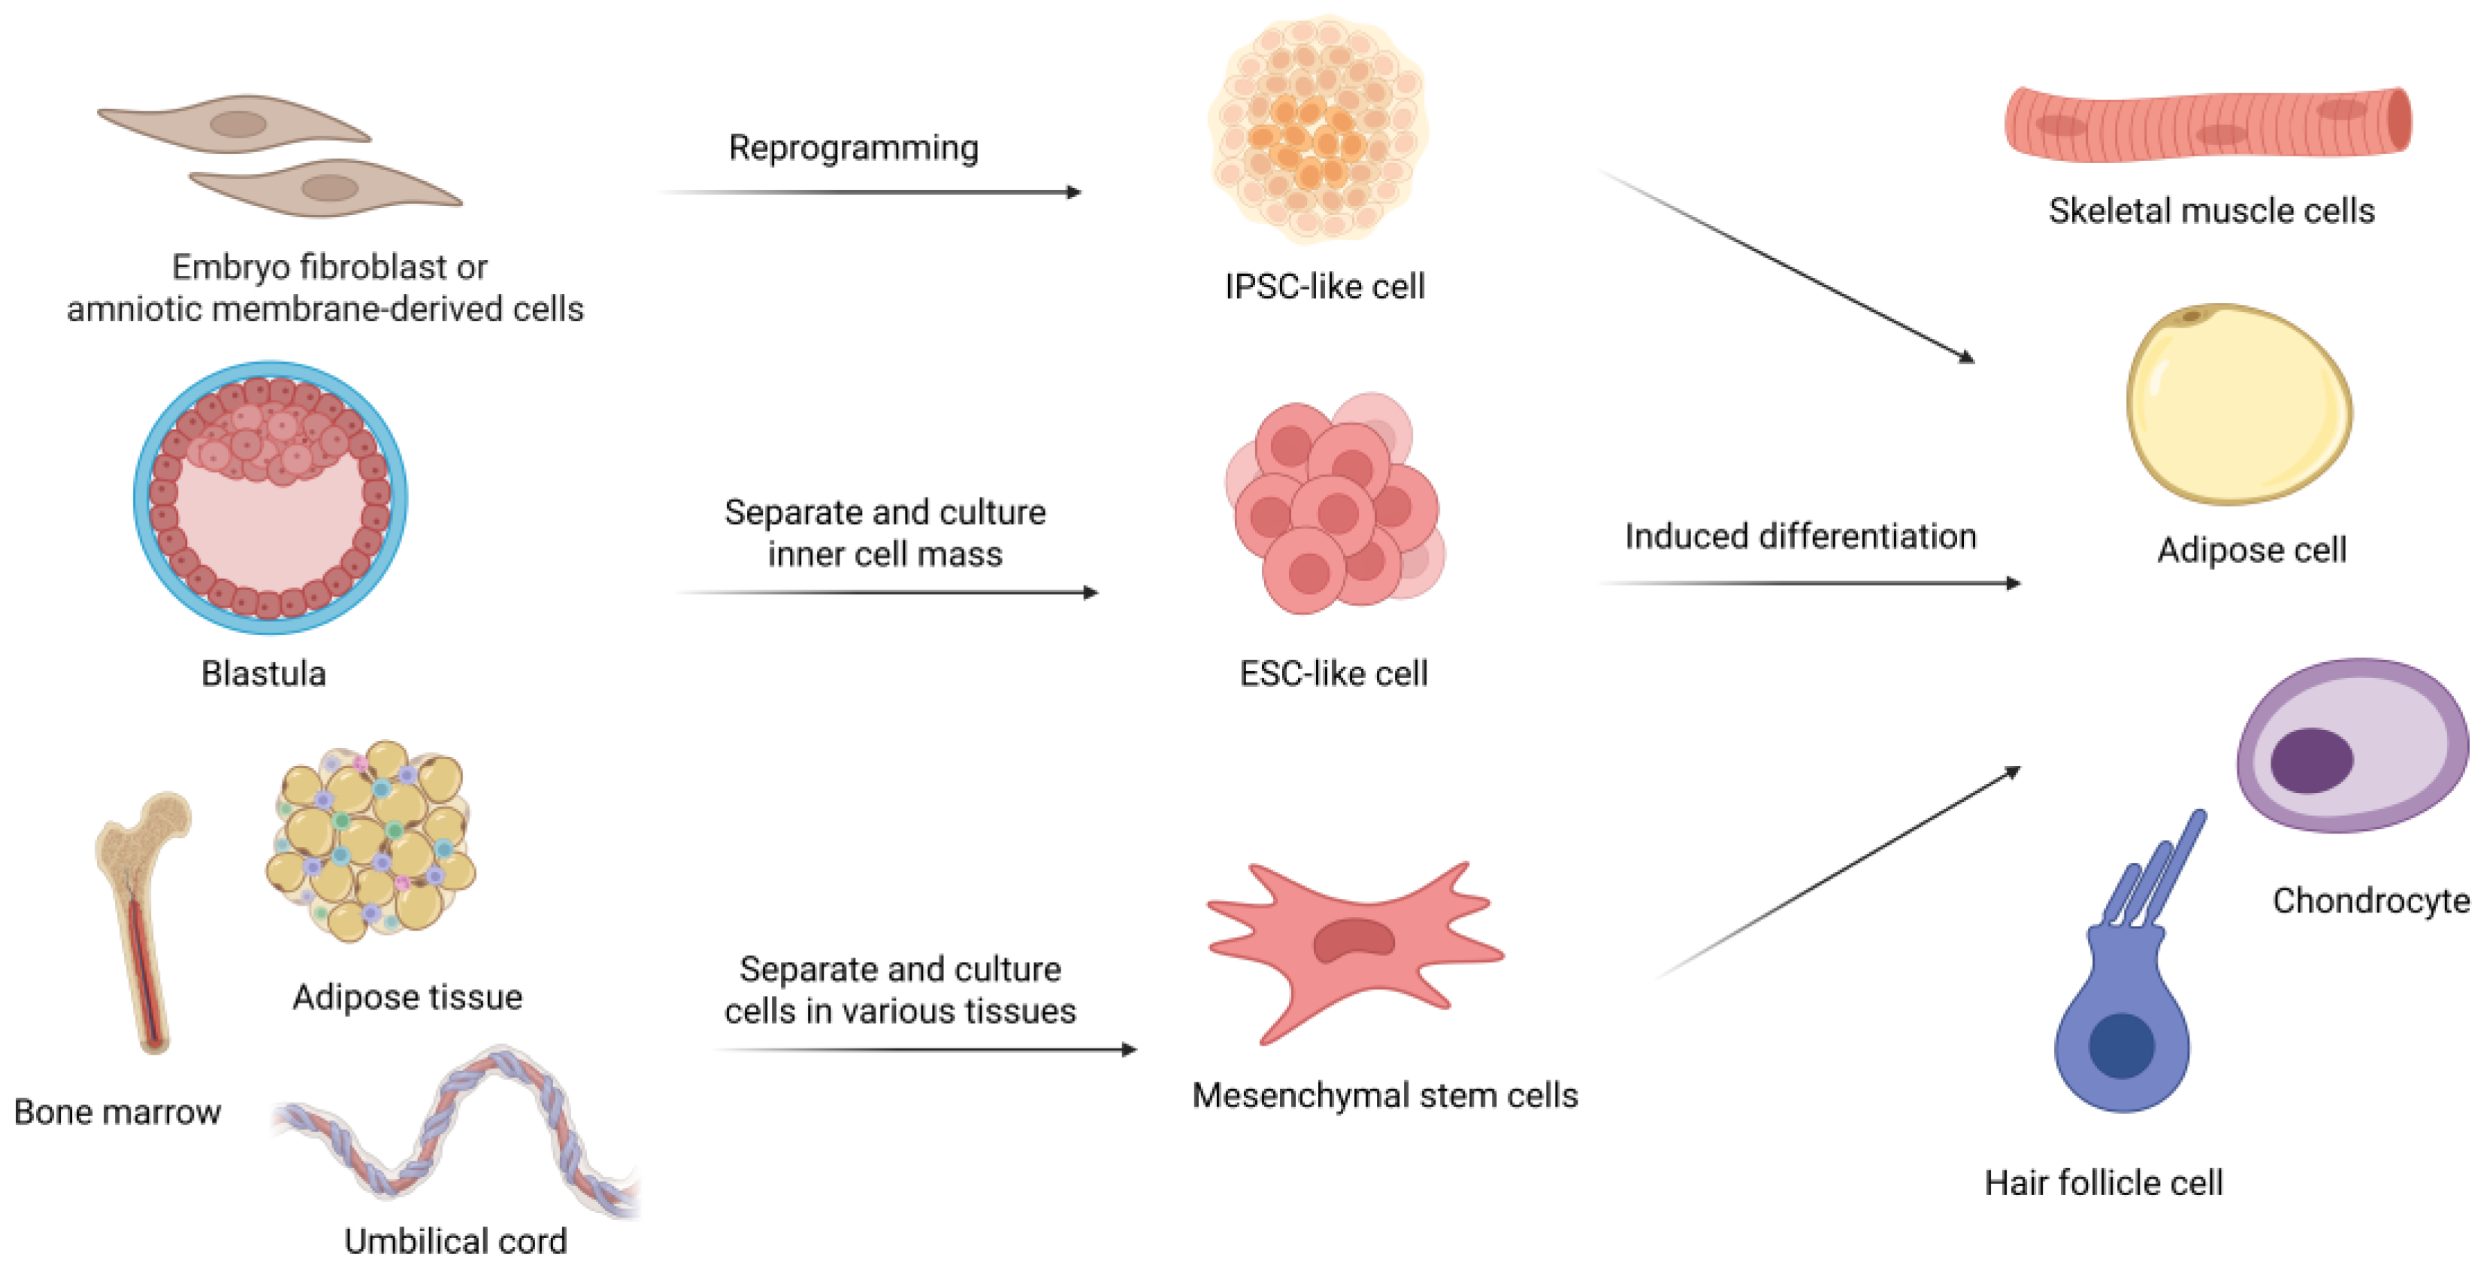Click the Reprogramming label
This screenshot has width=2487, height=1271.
(x=854, y=148)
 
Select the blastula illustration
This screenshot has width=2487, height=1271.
(x=271, y=498)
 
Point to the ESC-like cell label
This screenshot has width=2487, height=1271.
(x=1333, y=673)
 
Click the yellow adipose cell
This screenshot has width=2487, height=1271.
(x=2238, y=404)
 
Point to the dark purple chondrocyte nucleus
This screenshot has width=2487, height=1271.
(x=2310, y=760)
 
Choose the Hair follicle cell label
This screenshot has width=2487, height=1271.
(x=2104, y=1182)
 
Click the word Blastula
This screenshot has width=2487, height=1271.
(x=264, y=673)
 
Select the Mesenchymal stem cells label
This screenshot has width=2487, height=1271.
(x=1384, y=1095)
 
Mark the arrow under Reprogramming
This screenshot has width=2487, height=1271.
(x=869, y=192)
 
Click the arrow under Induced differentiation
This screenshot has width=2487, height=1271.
(x=1811, y=583)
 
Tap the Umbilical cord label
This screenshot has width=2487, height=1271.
(x=455, y=1241)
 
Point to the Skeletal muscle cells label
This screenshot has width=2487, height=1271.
(x=2211, y=210)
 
